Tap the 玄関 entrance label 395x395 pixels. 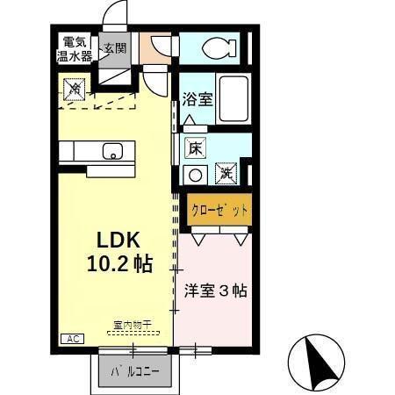(113, 48)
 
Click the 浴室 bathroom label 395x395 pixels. (197, 99)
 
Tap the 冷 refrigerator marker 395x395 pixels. (75, 89)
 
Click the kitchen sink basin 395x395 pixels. (112, 153)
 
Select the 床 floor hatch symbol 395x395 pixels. (196, 149)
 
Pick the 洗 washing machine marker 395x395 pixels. (225, 173)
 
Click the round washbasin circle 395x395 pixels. (195, 175)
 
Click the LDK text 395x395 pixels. (113, 240)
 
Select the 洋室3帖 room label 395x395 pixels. (216, 290)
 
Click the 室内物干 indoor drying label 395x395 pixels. (133, 325)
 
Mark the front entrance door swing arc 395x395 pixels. (111, 16)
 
